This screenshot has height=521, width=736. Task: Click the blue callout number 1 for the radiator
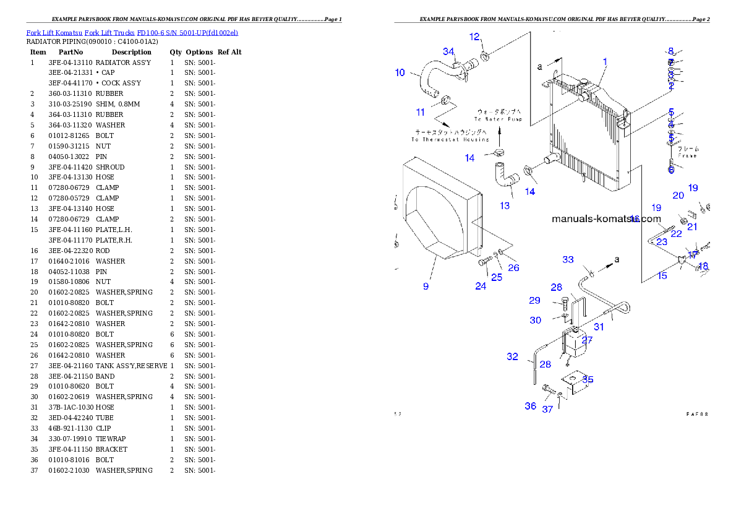click(x=605, y=62)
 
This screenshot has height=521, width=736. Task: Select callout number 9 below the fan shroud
click(x=426, y=286)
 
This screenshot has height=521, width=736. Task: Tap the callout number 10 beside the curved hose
click(x=400, y=72)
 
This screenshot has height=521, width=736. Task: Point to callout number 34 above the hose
click(x=448, y=51)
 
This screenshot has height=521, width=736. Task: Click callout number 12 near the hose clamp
click(x=474, y=37)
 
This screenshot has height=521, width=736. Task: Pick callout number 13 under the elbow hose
click(x=505, y=205)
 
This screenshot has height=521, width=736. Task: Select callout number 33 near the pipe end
click(x=568, y=260)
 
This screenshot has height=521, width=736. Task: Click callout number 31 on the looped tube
click(x=599, y=327)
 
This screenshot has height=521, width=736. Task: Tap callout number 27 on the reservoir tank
click(x=587, y=340)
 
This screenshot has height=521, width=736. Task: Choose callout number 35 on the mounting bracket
click(x=588, y=379)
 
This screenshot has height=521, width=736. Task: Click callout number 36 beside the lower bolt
click(x=531, y=406)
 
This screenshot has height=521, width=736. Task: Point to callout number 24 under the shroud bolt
click(x=481, y=286)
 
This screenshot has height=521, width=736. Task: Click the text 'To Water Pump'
click(x=499, y=119)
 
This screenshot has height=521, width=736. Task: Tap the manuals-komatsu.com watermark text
click(x=605, y=218)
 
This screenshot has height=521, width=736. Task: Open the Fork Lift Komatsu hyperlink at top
click(x=131, y=32)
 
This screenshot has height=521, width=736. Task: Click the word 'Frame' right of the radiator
click(x=687, y=156)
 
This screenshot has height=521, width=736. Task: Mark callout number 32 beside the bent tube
click(x=512, y=356)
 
